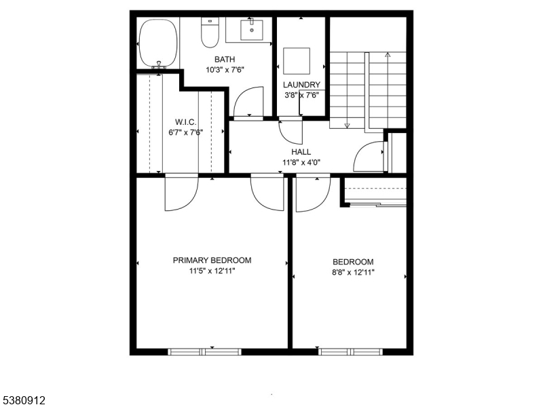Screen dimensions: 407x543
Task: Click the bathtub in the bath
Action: (157, 42)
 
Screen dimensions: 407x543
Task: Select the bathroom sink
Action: (252, 29)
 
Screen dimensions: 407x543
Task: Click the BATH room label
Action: (225, 60)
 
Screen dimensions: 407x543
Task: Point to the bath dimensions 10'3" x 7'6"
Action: (225, 69)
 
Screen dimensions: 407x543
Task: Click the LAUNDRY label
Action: (301, 85)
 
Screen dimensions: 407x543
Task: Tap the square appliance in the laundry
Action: (297, 60)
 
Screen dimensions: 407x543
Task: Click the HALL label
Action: (301, 152)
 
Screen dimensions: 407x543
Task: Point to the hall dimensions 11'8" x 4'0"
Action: (301, 162)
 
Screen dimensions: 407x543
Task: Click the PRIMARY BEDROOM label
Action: (212, 260)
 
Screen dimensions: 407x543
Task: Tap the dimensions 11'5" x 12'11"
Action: (212, 271)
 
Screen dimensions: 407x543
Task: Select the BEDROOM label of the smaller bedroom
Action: (353, 263)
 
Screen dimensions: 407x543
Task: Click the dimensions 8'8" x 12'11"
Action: (353, 272)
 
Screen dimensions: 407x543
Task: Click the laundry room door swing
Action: (291, 130)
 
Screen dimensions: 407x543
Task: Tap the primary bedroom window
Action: (204, 351)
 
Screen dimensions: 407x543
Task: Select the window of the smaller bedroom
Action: (350, 351)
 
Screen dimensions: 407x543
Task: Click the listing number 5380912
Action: (24, 401)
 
